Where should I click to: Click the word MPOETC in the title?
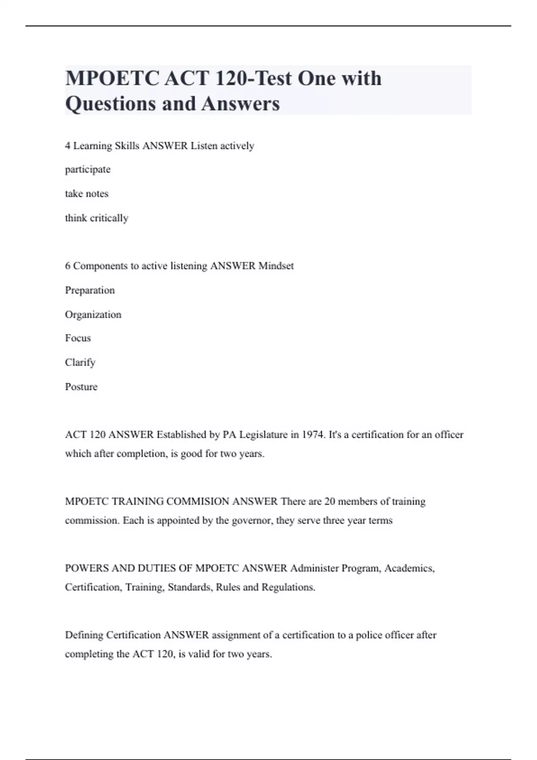point(111,79)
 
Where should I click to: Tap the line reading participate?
point(88,170)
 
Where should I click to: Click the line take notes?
point(87,194)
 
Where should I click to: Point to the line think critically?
point(97,218)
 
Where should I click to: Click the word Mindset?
point(276,266)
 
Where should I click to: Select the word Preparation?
point(90,290)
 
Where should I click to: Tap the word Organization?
point(93,315)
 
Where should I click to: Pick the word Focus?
point(78,338)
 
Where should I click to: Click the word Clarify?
point(80,363)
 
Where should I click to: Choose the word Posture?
point(81,387)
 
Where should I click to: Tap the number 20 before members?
point(330,502)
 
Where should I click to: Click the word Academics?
point(409,569)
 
